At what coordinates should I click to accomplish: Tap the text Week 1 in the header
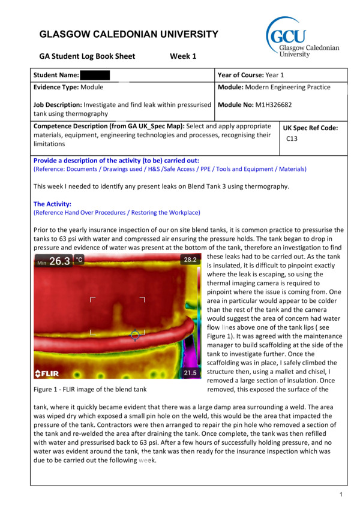(x=183, y=57)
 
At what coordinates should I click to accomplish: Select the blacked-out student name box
(x=95, y=76)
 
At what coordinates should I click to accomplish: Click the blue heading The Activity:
(x=52, y=204)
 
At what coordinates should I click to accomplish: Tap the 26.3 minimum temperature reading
(x=59, y=261)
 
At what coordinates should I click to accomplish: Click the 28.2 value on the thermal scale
(x=190, y=260)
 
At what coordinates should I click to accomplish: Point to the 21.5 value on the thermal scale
(x=190, y=373)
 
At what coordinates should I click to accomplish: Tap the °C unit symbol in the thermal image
(x=79, y=260)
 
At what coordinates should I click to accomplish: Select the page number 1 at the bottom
(x=340, y=494)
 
